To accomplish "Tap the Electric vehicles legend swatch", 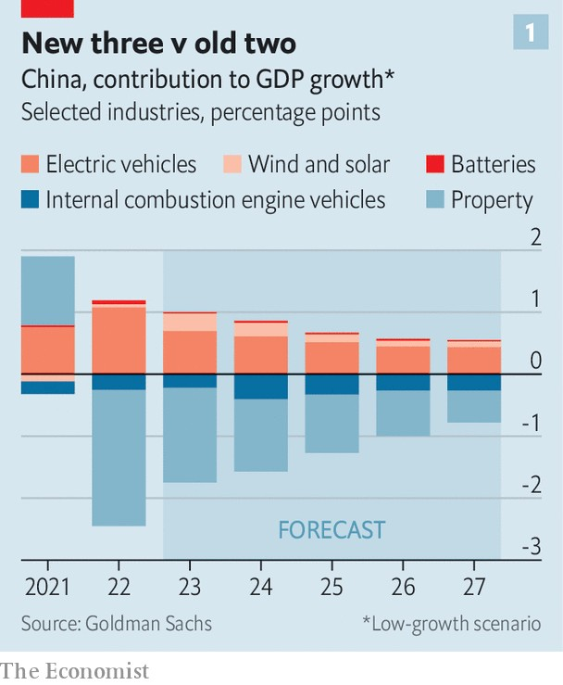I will coord(31,165).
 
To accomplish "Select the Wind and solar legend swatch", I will coord(232,165).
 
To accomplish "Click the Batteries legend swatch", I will coord(435,165).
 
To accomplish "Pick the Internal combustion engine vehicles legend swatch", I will coord(31,200).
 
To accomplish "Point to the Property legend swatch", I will coord(435,200).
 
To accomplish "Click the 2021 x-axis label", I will coord(47,589).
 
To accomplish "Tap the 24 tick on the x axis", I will coord(260,589).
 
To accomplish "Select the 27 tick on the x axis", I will coord(473,589).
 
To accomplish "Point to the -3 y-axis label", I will coord(531,547).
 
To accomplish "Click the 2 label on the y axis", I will coord(535,238).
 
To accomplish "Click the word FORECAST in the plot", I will coord(332,530).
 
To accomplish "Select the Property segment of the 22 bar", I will coord(119,457).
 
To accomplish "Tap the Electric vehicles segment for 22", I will coord(119,339).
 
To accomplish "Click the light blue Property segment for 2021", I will coord(47,291).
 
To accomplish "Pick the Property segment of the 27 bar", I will coord(473,406).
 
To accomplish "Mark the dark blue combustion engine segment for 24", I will coord(260,387).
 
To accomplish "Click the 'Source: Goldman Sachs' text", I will coord(116,623).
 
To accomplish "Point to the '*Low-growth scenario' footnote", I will coord(451,623).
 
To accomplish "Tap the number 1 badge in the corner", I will coord(530,33).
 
